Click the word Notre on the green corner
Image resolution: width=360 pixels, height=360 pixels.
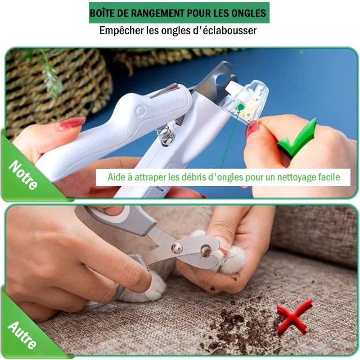click(23, 175)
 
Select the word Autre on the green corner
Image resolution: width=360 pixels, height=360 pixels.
click(22, 335)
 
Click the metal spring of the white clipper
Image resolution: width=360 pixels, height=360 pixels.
click(165, 136)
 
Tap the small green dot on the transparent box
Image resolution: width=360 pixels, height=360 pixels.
click(240, 107)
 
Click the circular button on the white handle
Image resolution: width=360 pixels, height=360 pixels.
click(140, 110)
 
